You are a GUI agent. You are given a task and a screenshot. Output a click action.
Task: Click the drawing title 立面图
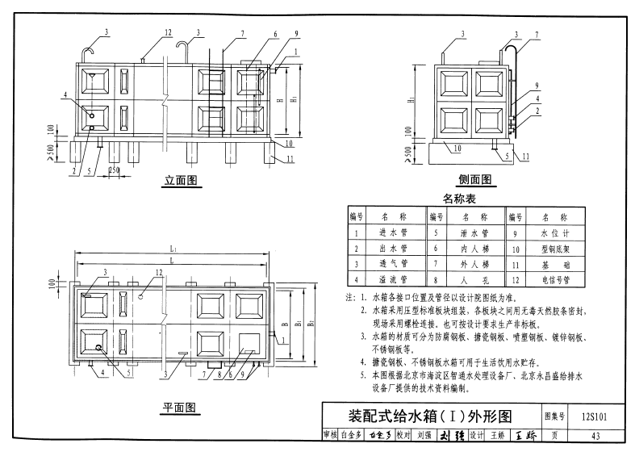click(181, 181)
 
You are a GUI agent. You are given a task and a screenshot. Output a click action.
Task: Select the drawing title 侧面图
click(474, 180)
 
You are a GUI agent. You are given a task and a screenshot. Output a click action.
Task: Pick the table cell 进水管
click(393, 232)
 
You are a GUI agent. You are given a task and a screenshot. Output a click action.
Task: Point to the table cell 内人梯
click(474, 248)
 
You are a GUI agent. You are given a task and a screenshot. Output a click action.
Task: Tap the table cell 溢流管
click(393, 279)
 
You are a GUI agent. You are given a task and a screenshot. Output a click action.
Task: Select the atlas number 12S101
click(593, 416)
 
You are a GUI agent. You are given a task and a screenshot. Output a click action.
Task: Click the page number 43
click(596, 436)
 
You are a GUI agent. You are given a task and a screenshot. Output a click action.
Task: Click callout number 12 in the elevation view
click(168, 32)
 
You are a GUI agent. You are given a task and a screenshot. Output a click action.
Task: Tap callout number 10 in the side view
click(456, 148)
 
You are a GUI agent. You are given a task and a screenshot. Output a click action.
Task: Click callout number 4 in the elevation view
click(63, 95)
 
